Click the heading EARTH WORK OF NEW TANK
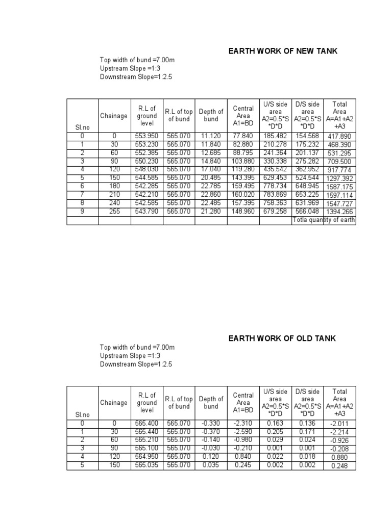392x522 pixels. coord(283,51)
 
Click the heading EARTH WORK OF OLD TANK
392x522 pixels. coord(282,338)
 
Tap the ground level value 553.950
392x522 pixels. coord(147,136)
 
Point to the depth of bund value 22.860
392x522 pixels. coord(211,194)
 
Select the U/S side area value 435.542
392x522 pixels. coord(276,169)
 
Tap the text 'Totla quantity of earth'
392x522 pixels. coord(324,220)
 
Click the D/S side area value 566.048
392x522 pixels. coord(307,211)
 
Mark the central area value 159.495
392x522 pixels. coord(243,186)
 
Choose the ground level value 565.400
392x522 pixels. coord(147,423)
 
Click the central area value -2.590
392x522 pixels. coord(243,431)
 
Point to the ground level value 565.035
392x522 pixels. coord(147,465)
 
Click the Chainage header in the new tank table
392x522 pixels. coord(114,116)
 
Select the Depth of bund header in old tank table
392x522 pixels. coord(211,403)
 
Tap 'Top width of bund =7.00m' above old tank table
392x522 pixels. coord(137,347)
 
